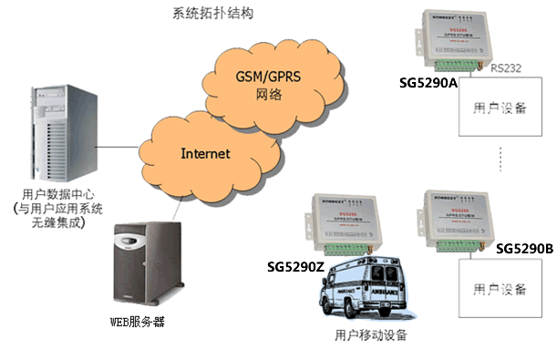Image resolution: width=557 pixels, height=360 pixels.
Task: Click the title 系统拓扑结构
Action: (x=212, y=15)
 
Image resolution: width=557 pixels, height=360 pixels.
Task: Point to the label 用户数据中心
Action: (x=56, y=194)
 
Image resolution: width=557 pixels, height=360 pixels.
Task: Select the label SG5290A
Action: (x=428, y=82)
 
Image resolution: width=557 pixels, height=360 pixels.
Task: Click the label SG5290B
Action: (x=524, y=248)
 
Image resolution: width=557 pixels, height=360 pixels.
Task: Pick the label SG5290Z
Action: (x=296, y=268)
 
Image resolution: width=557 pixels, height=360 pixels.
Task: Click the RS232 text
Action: (x=505, y=68)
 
